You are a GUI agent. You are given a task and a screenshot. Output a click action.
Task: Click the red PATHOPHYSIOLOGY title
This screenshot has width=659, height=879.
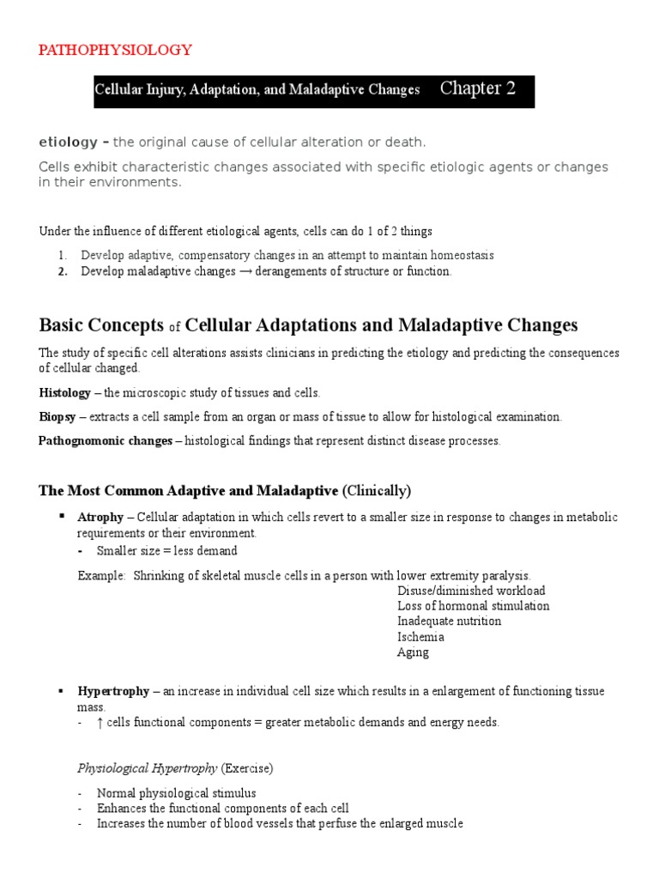(115, 50)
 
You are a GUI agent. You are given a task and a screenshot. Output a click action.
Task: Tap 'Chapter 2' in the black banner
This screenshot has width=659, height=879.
(478, 88)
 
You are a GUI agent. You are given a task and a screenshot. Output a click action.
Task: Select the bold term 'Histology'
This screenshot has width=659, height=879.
(64, 392)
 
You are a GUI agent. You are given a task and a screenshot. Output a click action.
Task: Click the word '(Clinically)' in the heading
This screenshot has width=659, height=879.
(377, 491)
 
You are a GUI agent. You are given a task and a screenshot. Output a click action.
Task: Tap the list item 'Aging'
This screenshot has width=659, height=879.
(413, 652)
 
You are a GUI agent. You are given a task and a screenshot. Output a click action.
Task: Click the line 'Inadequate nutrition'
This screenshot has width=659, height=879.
(449, 621)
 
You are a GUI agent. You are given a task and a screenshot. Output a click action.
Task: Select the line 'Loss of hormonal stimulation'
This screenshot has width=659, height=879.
(473, 606)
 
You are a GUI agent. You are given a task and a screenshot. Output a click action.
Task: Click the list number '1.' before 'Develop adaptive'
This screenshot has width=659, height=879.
(63, 256)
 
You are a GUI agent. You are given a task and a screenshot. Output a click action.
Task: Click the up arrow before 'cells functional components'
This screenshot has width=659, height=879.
(100, 723)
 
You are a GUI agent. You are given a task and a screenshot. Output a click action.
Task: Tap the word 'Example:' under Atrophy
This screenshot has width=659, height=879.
(101, 575)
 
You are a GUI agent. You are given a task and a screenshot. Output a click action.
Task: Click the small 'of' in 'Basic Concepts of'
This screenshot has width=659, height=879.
(174, 327)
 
